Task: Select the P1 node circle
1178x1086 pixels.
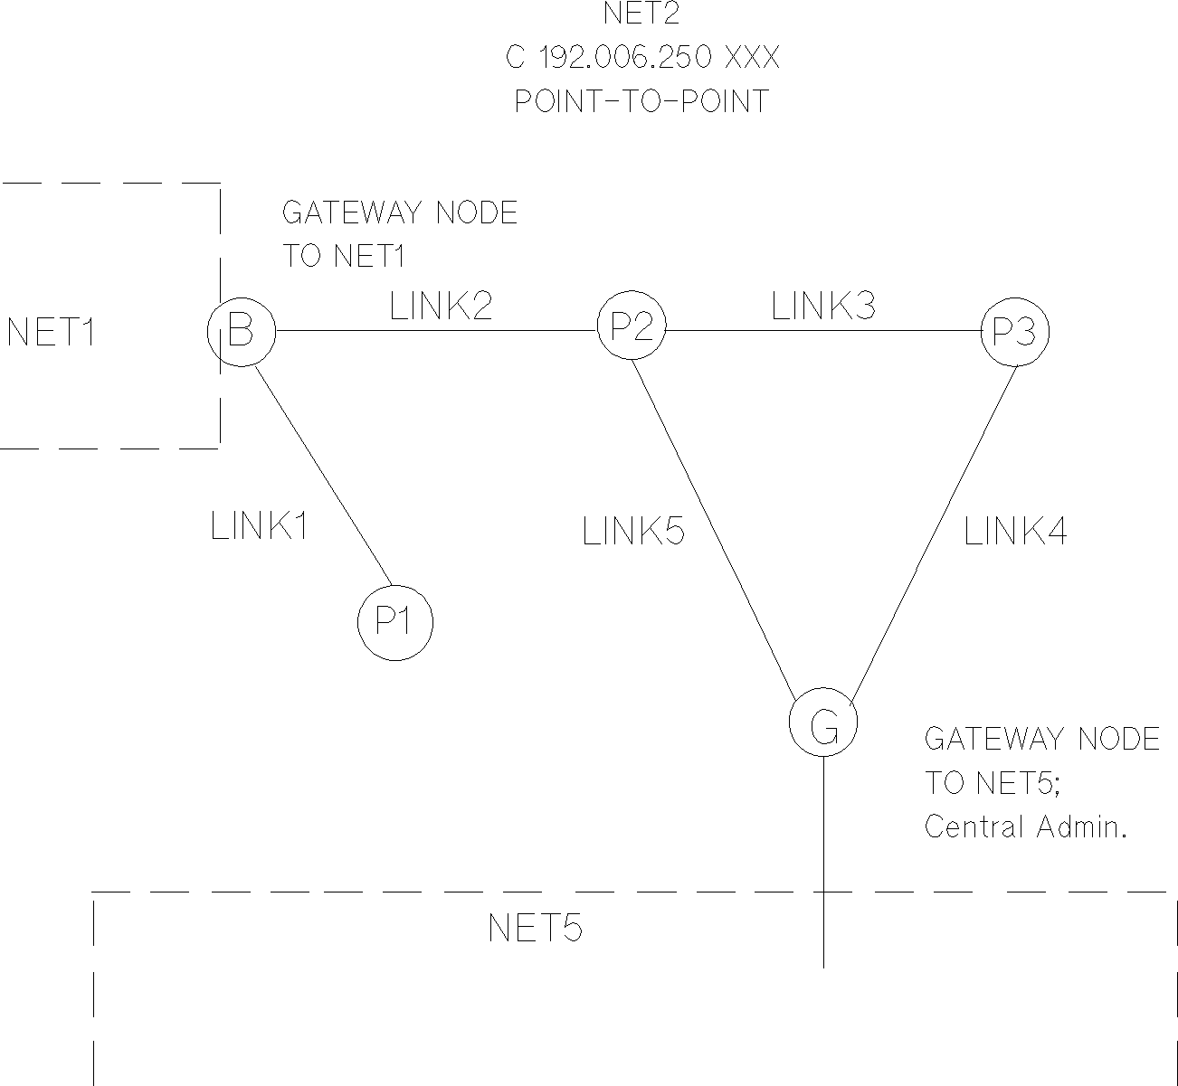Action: click(395, 622)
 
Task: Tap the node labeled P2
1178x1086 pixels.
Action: click(632, 326)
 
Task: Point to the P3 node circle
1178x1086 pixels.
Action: click(1015, 332)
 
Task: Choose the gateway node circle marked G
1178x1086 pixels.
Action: click(823, 724)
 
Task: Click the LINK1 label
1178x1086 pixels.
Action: click(260, 526)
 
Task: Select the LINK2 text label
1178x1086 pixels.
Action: click(442, 307)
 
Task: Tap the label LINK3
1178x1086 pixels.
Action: click(823, 307)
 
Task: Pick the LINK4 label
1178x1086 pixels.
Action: click(1015, 532)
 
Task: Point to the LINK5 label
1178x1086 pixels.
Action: click(633, 532)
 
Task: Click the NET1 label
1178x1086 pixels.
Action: click(52, 334)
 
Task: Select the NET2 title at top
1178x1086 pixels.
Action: click(641, 14)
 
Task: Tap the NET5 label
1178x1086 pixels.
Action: click(535, 929)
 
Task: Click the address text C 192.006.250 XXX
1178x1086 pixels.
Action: click(642, 58)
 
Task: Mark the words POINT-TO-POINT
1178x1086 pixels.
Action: click(641, 100)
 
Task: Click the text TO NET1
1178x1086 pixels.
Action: click(343, 256)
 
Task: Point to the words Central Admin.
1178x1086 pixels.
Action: click(1025, 826)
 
